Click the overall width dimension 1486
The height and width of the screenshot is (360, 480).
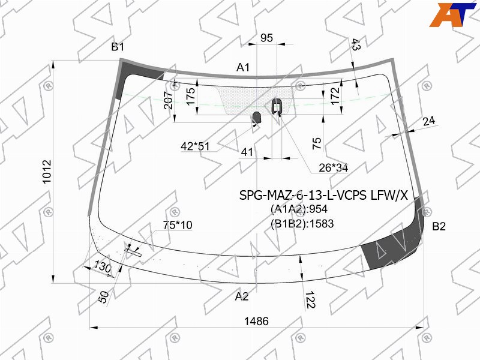click(x=256, y=321)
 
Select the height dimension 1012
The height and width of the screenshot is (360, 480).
click(x=47, y=172)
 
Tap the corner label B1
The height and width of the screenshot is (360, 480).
click(x=118, y=47)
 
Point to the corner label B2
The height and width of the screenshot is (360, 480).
click(x=439, y=227)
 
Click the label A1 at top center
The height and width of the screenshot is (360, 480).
click(x=243, y=67)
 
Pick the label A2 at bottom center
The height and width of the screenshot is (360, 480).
click(x=242, y=296)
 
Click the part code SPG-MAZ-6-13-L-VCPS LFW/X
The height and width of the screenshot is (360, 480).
click(x=323, y=195)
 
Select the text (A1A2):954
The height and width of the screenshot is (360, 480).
click(x=299, y=209)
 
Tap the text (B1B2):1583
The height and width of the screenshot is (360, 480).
click(x=302, y=224)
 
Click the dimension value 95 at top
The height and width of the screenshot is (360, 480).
click(x=266, y=38)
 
